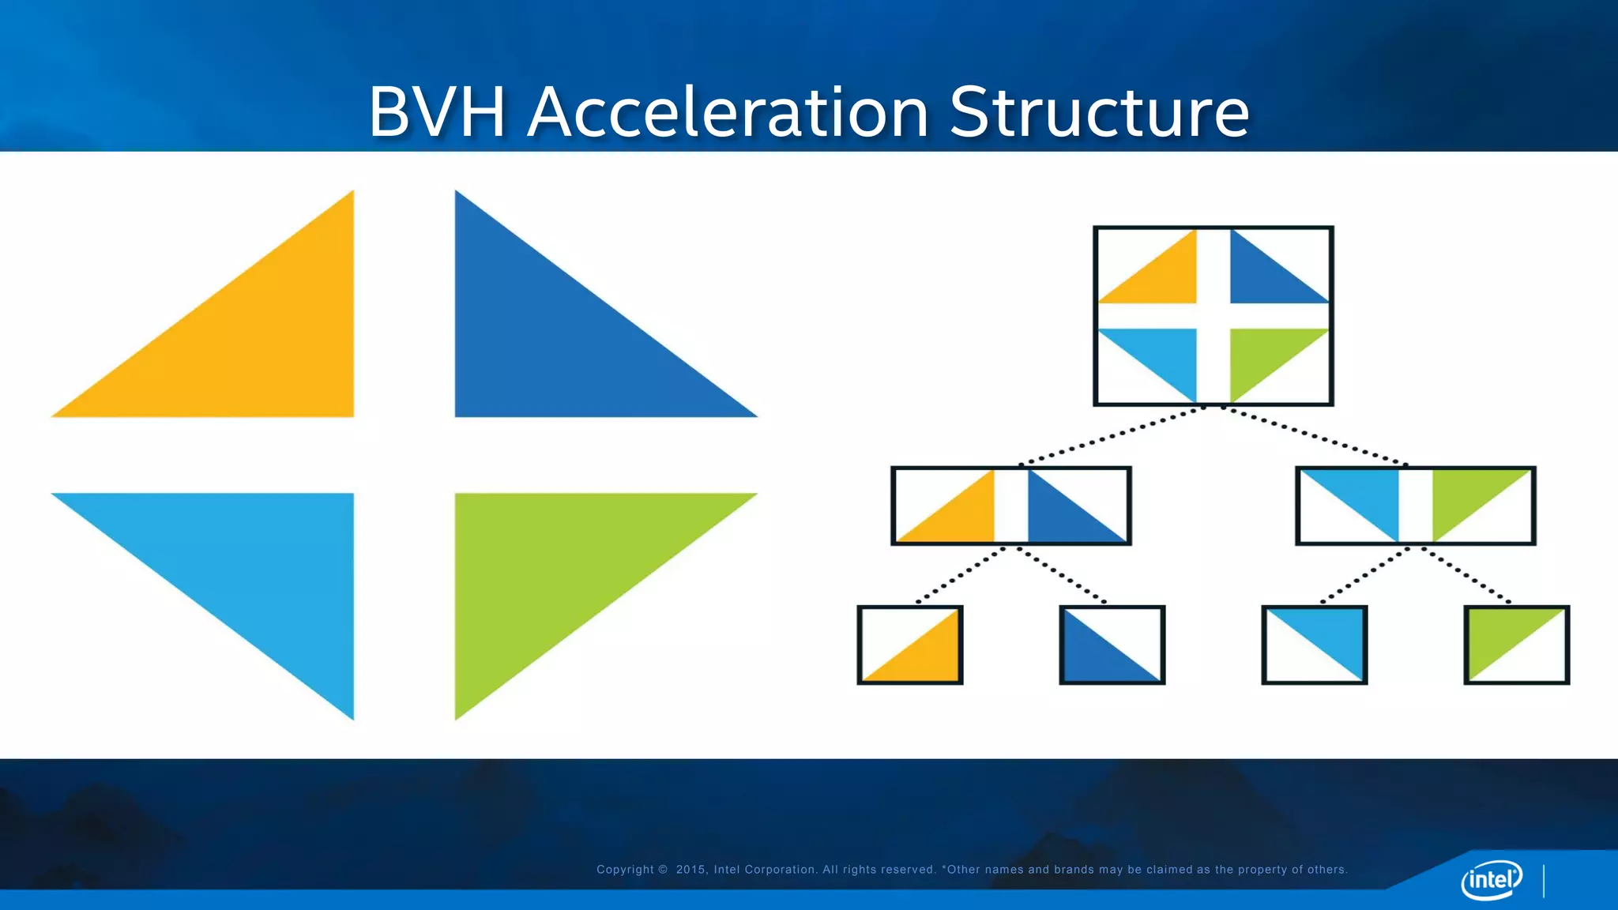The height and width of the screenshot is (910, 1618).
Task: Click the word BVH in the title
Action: click(437, 112)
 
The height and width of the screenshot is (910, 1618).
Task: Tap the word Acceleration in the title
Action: click(728, 112)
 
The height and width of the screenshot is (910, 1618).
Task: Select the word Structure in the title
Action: click(1099, 112)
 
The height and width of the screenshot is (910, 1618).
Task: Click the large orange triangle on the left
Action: click(261, 340)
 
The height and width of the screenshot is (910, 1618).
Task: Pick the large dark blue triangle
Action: click(553, 340)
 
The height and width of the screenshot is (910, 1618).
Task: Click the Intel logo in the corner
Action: click(1492, 879)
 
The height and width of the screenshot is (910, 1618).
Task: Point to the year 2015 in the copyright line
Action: click(690, 870)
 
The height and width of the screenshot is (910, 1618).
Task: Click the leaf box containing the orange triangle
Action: click(910, 645)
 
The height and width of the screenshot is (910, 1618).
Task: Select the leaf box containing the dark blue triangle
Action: click(1112, 645)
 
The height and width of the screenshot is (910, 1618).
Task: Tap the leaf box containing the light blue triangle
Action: click(1315, 645)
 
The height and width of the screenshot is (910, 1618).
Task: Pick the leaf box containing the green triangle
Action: click(1517, 645)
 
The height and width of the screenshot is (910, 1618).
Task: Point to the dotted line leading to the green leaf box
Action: click(1466, 575)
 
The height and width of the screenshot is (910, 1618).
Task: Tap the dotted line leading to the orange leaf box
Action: click(961, 575)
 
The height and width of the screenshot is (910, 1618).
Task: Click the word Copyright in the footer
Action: click(625, 870)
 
